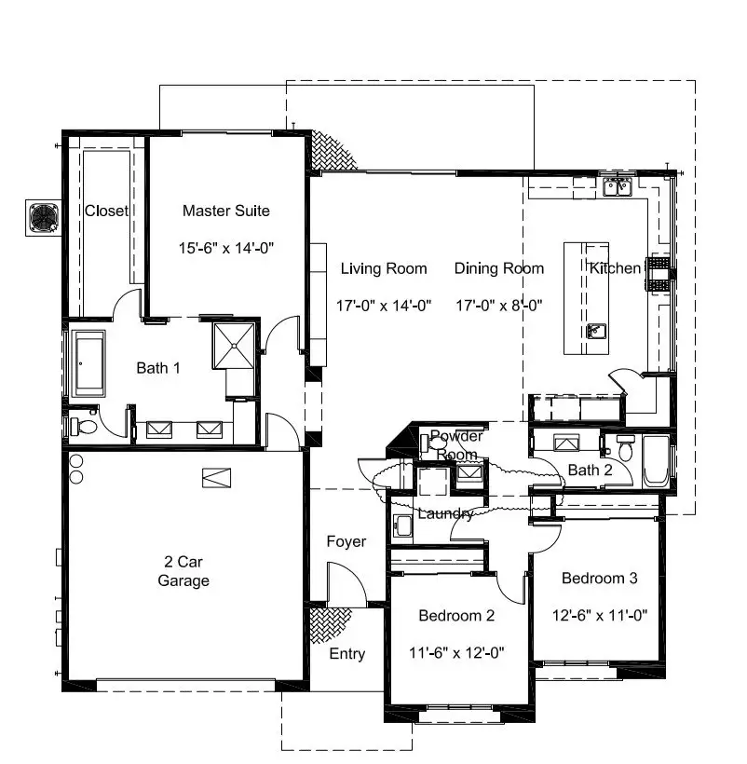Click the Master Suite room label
point(225,211)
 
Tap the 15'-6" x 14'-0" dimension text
point(225,249)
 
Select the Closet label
point(106,211)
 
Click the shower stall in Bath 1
point(233,345)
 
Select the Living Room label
point(383,268)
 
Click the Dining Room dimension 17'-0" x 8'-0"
point(498,305)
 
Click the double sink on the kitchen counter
point(617,187)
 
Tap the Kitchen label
point(615,268)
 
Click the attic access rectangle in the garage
point(214,476)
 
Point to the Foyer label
point(346,541)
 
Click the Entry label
point(346,654)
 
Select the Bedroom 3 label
point(599,579)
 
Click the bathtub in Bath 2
point(656,459)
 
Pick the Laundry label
point(445,513)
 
